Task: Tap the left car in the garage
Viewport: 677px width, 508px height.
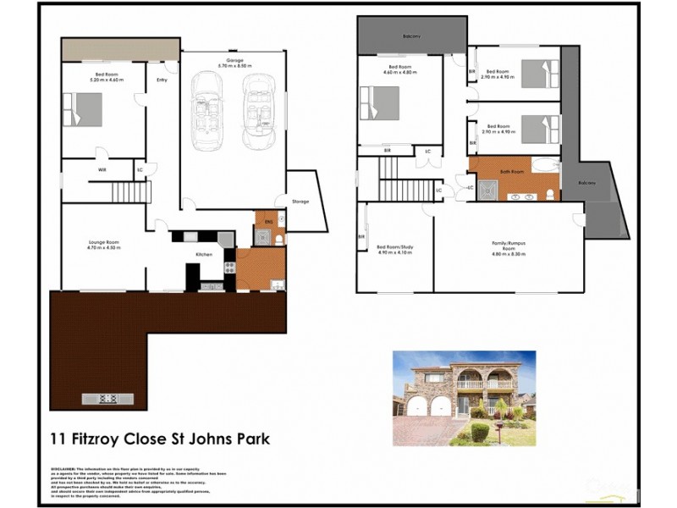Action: tap(206, 108)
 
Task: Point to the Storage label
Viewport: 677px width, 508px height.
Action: tap(300, 202)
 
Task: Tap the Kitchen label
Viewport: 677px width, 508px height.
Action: tap(203, 254)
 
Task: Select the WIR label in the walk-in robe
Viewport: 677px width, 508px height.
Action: tap(102, 170)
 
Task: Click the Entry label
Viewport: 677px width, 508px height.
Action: tap(162, 80)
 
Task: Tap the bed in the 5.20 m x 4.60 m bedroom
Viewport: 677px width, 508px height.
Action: tap(82, 109)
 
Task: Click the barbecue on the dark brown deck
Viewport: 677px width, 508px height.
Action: tap(107, 398)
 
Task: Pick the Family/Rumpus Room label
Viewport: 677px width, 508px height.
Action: tap(509, 245)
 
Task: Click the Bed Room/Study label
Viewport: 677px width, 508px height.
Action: tap(394, 247)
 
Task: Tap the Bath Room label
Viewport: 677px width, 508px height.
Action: tap(512, 172)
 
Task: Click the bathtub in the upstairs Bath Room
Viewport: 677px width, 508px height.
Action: tap(546, 165)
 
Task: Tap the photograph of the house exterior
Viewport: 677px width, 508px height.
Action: tap(464, 398)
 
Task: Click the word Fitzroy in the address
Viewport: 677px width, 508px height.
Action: tap(113, 439)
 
